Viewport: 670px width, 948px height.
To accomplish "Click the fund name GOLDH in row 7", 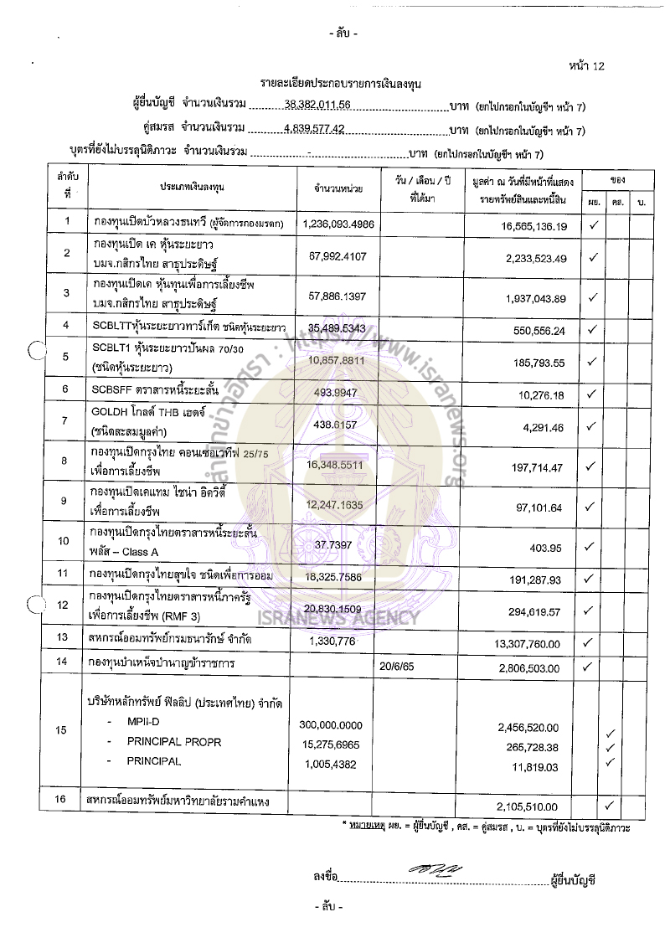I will point(111,412).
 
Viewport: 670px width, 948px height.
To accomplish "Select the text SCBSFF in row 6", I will point(112,390).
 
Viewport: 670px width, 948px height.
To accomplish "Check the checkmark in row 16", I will point(611,806).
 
